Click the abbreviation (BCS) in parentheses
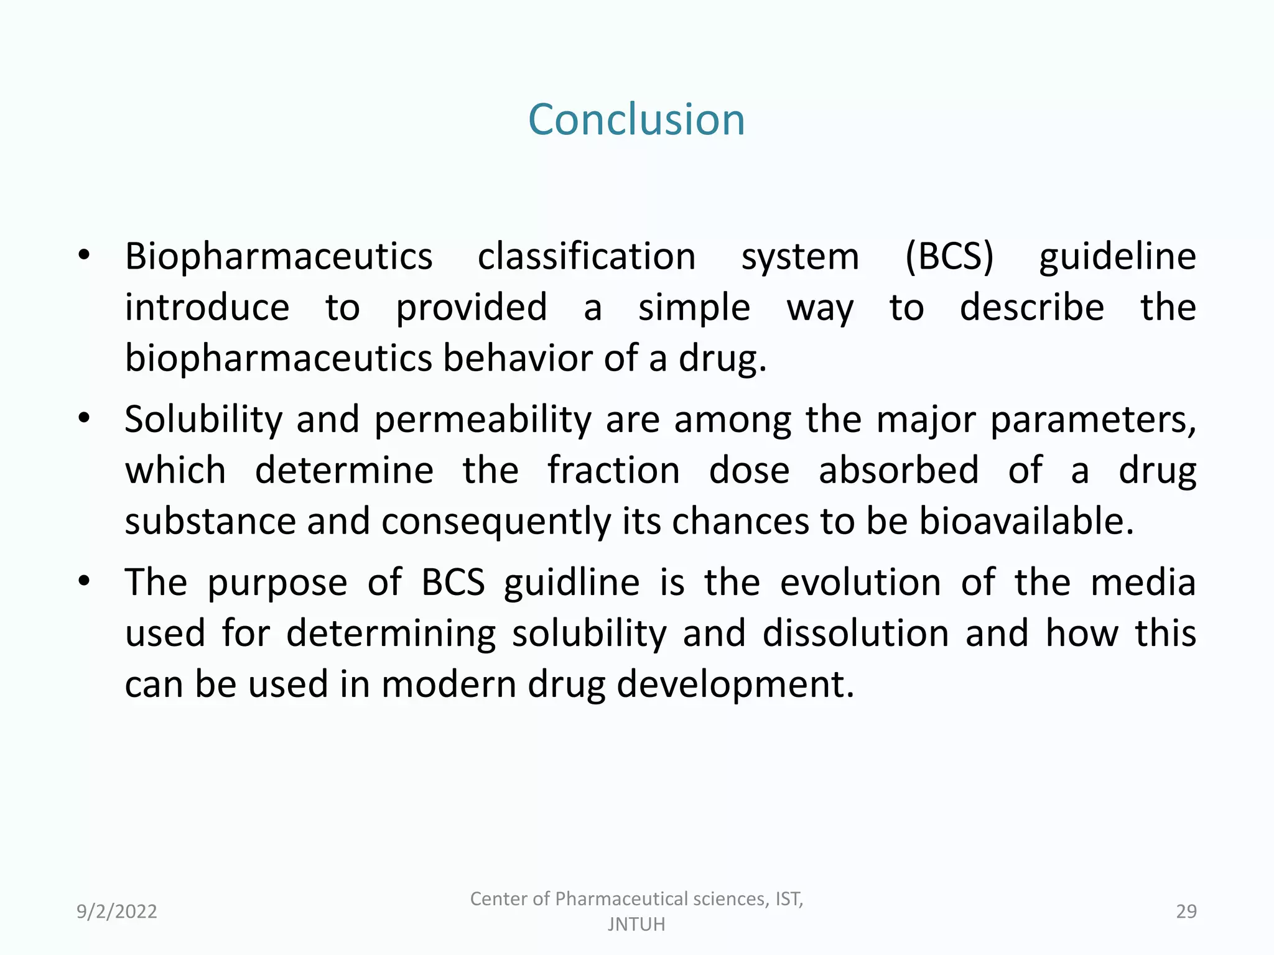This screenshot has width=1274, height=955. coord(949,256)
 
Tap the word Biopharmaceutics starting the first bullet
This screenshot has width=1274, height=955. coord(279,256)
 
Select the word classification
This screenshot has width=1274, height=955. coord(587,256)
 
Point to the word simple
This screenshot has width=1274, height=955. coord(694,307)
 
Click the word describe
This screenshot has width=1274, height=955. coord(1032,307)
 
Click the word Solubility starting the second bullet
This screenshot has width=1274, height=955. coord(203,419)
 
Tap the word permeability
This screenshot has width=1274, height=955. coord(483,419)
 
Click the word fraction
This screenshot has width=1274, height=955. coord(613,470)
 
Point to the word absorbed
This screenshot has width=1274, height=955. coord(898,470)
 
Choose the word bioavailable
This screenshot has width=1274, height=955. coord(1026,521)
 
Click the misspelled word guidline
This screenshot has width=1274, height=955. coord(572,583)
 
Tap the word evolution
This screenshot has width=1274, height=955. coord(860,583)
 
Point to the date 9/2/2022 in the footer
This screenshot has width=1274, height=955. coord(117,911)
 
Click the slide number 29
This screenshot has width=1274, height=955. coord(1186,911)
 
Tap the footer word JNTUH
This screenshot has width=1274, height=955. coord(636,925)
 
